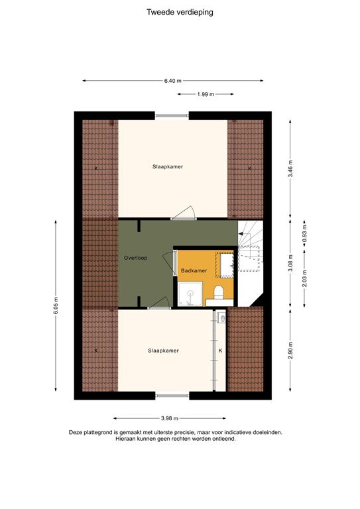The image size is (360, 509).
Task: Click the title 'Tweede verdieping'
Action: [x=180, y=11]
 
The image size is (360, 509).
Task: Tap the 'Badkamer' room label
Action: [x=194, y=272]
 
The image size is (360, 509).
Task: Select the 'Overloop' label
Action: [x=135, y=257]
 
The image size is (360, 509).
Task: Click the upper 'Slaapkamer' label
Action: [x=166, y=167]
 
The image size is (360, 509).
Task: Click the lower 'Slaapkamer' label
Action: [x=163, y=351]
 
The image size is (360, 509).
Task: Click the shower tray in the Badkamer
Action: [x=191, y=294]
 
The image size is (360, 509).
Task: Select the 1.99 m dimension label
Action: [x=206, y=95]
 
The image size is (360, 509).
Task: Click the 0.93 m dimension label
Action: [x=304, y=235]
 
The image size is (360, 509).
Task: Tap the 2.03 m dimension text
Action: [x=304, y=274]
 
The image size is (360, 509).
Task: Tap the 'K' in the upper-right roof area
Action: [x=249, y=168]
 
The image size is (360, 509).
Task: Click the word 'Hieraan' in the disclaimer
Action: [x=127, y=439]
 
